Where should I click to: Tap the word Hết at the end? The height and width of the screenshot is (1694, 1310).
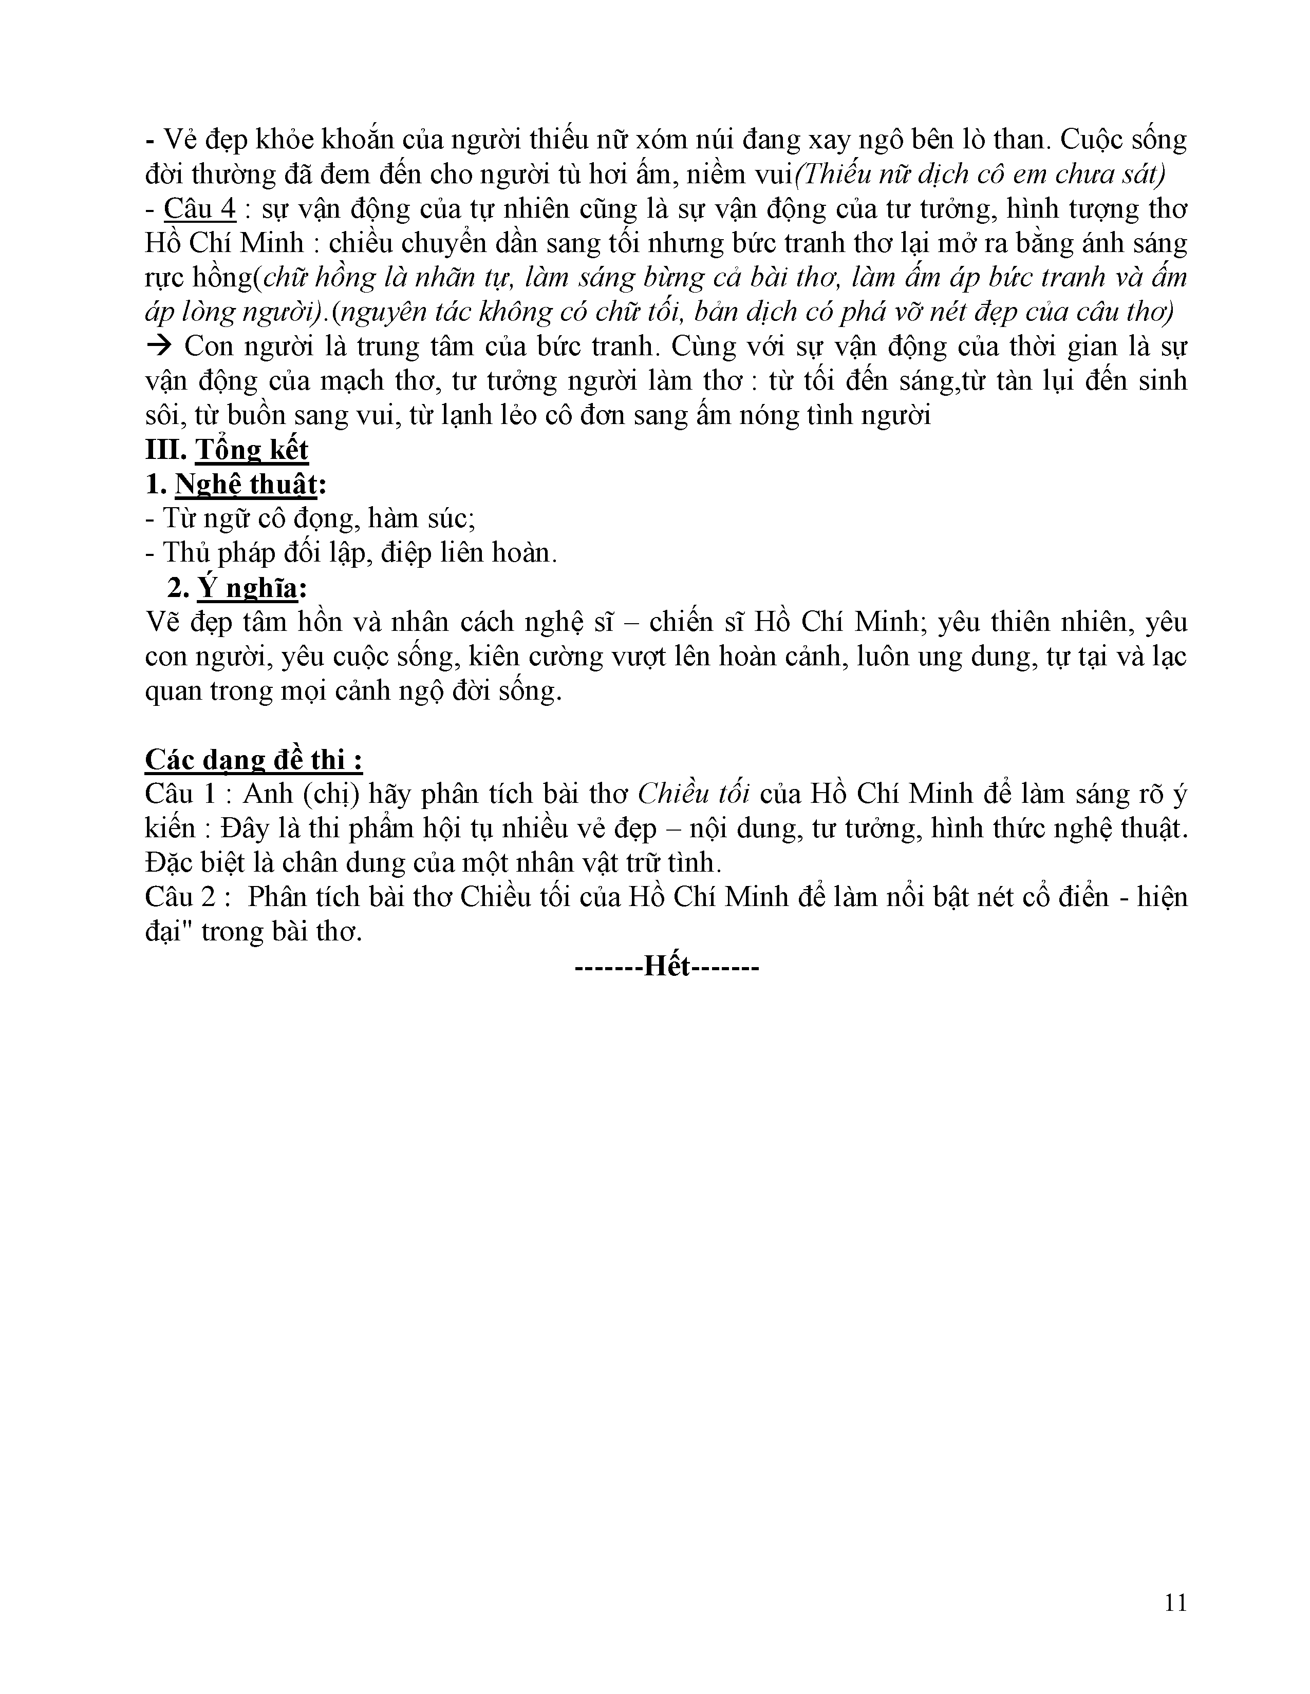(x=667, y=967)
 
